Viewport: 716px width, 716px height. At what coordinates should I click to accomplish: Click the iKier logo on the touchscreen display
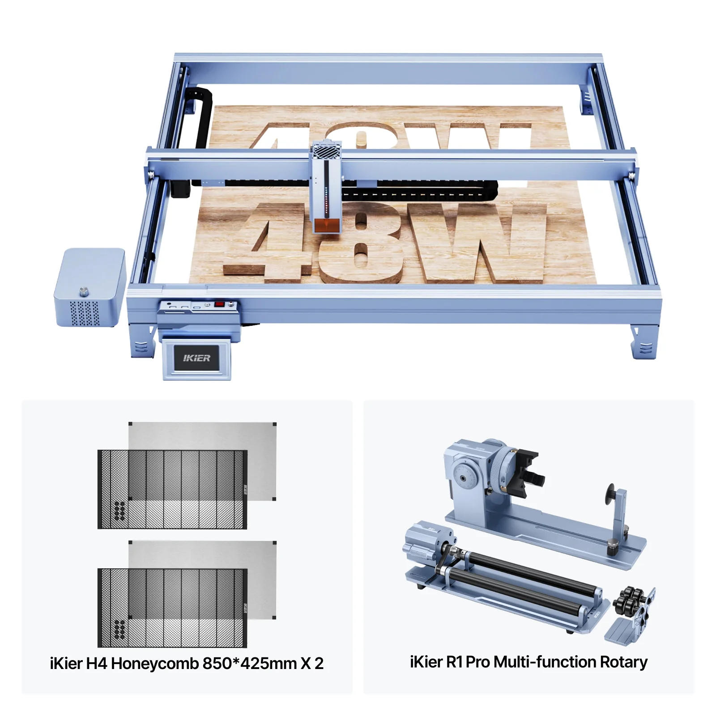(x=196, y=358)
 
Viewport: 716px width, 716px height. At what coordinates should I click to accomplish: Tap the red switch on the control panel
(x=219, y=305)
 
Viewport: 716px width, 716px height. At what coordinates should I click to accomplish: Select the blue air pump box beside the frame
(x=90, y=287)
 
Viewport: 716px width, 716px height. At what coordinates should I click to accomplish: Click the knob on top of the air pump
(x=84, y=292)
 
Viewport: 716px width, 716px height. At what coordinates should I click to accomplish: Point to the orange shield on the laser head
(x=326, y=226)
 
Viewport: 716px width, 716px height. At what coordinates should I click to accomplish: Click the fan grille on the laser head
(x=327, y=150)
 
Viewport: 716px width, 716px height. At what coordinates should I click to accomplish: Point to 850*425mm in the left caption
(x=250, y=663)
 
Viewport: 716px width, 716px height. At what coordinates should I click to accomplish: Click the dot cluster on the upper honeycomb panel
(x=119, y=511)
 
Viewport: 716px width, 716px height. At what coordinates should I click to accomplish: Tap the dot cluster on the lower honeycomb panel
(x=119, y=630)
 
